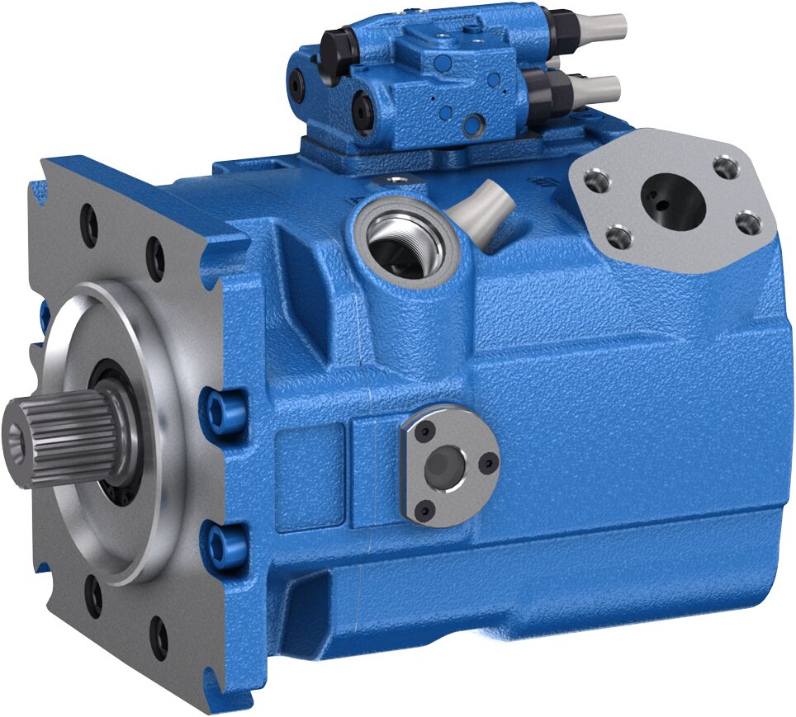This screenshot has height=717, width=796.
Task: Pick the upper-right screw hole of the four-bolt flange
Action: coord(726,168)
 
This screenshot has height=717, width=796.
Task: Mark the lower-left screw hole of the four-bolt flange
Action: coord(618,238)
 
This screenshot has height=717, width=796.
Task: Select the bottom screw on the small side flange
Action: coord(426,512)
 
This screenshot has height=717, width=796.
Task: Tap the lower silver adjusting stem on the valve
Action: coord(599,86)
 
